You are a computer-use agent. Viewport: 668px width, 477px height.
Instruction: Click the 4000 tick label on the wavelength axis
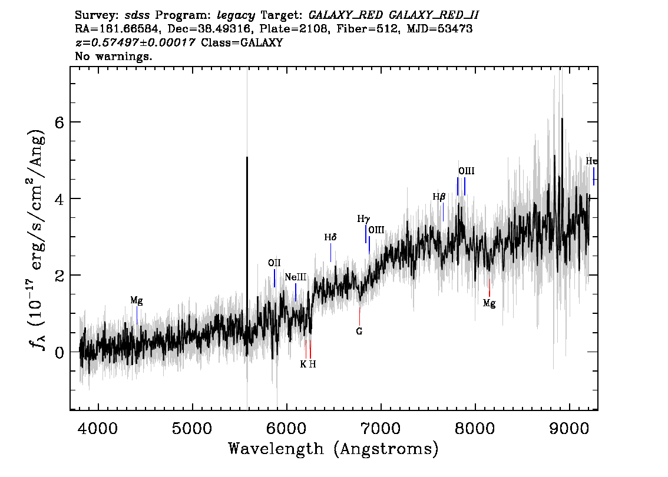click(x=98, y=428)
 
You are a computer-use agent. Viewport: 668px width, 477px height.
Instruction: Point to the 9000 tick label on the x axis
click(x=568, y=428)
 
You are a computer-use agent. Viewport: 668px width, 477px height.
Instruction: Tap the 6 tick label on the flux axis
click(x=59, y=122)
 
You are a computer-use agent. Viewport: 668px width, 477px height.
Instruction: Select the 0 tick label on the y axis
click(x=59, y=352)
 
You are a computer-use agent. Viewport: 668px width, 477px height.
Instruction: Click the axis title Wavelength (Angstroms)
click(x=333, y=449)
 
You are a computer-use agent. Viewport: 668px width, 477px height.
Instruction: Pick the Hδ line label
click(x=330, y=237)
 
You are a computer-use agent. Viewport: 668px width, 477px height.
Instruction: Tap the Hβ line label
click(x=439, y=196)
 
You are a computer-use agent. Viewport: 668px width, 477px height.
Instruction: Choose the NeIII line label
click(x=296, y=277)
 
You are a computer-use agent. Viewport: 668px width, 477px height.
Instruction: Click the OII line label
click(x=275, y=263)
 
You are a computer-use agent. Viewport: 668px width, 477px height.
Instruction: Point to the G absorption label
click(x=359, y=331)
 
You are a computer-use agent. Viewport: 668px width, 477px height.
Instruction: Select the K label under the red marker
click(x=303, y=364)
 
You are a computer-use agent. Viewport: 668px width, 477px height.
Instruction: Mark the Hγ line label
click(x=363, y=219)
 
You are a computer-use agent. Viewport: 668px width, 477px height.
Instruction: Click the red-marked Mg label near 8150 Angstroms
click(x=489, y=303)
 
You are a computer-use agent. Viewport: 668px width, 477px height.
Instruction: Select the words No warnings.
click(x=113, y=56)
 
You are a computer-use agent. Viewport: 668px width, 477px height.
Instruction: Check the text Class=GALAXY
click(x=242, y=42)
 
